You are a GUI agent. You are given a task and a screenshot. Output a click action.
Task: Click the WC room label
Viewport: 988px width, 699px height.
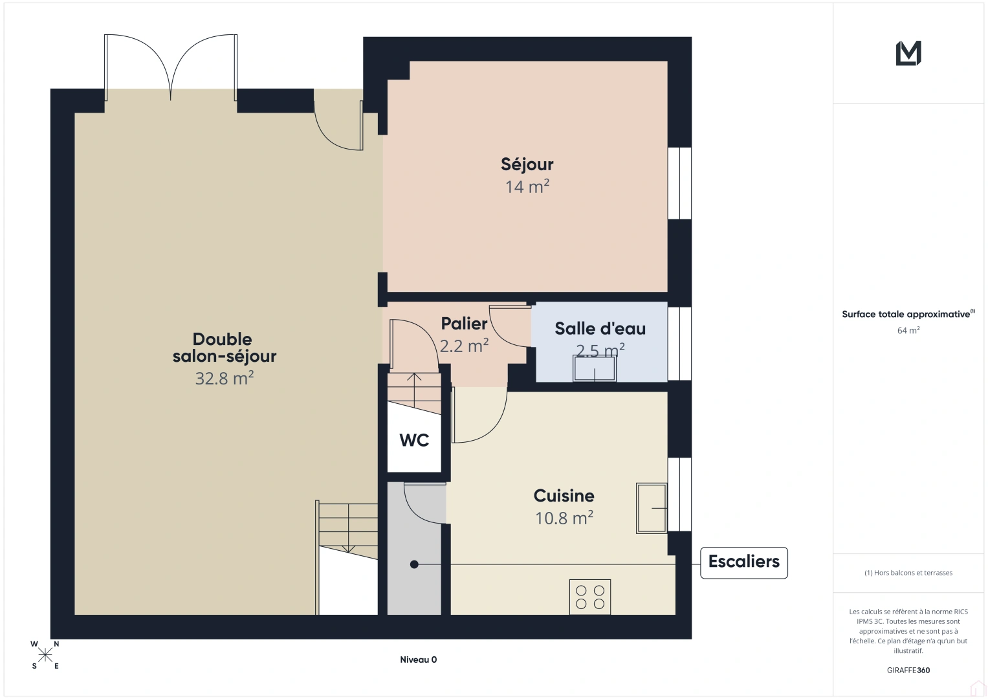[414, 440]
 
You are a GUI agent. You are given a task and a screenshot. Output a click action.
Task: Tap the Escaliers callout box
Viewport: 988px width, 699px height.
[743, 562]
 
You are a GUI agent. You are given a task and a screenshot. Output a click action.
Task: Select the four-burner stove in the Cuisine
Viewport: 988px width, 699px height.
[590, 597]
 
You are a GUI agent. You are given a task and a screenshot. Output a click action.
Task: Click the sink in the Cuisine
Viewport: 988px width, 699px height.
[652, 508]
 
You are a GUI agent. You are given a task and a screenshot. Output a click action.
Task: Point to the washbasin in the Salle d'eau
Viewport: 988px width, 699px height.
[595, 368]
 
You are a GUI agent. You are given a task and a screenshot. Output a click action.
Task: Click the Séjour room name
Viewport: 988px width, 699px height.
[527, 164]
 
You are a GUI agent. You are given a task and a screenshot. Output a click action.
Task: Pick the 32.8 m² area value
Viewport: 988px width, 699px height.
[225, 378]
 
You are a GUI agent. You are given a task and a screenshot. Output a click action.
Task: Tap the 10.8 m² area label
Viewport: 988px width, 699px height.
[564, 518]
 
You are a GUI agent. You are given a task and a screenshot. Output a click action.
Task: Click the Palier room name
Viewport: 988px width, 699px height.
[464, 324]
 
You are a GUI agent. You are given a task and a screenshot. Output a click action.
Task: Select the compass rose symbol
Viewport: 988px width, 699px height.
[45, 655]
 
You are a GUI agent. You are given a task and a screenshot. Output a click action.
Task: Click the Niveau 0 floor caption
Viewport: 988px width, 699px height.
[418, 660]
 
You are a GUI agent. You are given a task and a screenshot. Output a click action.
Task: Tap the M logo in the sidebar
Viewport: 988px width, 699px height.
[908, 53]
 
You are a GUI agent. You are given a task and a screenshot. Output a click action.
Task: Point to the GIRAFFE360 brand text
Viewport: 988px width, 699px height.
[908, 670]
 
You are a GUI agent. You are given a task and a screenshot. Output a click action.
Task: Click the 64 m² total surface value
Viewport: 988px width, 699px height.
[908, 330]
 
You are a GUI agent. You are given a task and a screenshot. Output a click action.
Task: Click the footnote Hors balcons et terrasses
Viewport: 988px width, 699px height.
[908, 573]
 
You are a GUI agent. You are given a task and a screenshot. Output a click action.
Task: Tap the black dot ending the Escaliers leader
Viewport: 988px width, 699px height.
[413, 564]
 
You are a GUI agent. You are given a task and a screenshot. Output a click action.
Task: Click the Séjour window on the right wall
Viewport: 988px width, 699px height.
[679, 183]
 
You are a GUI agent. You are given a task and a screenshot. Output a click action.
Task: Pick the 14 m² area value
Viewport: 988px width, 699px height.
[527, 186]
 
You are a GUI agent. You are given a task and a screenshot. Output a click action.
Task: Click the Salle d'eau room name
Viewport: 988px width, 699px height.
[600, 328]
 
